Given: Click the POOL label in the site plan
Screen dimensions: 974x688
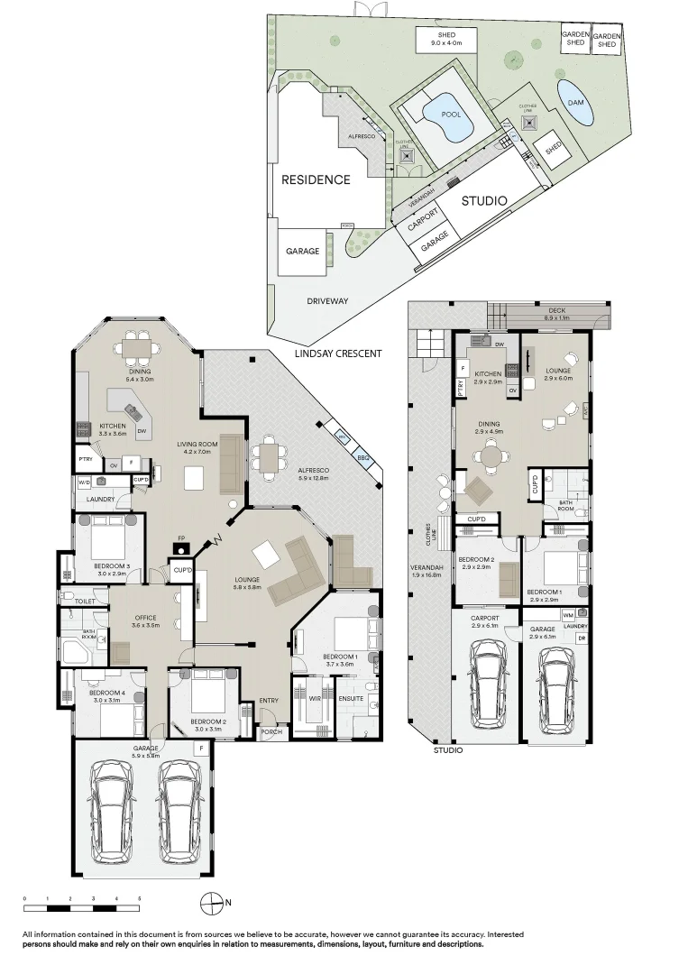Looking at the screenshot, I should point(451,115).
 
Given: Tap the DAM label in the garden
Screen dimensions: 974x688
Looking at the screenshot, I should point(575,103).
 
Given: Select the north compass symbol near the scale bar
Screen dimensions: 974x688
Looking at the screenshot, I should point(210,901).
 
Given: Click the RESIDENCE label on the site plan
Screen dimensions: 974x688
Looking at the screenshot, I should point(316,179).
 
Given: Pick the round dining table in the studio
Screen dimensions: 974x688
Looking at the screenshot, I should point(490,457).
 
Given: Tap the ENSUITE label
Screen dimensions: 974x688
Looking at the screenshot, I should point(351,697).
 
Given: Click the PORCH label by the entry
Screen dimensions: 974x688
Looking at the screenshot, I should point(271,731).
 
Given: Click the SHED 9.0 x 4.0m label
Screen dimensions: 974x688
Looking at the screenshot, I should point(445,38).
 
